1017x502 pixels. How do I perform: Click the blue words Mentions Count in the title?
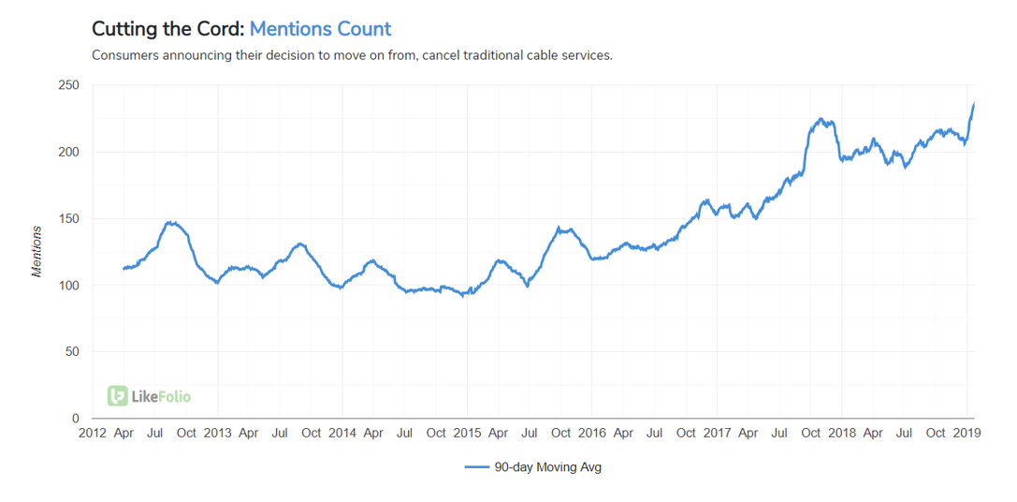pyautogui.click(x=320, y=29)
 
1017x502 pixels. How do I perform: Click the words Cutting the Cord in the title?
pyautogui.click(x=167, y=29)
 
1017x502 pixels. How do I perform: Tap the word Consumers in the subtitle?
pyautogui.click(x=125, y=55)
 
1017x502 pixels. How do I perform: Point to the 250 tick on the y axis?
pyautogui.click(x=69, y=85)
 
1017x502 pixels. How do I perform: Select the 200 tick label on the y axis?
pyautogui.click(x=69, y=152)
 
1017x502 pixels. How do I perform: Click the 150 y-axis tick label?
pyautogui.click(x=69, y=218)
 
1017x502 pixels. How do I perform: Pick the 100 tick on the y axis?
pyautogui.click(x=69, y=285)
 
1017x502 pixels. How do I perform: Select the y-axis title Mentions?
pyautogui.click(x=37, y=251)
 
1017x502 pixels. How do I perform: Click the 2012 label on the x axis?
pyautogui.click(x=93, y=433)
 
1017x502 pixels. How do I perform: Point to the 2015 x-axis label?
pyautogui.click(x=467, y=433)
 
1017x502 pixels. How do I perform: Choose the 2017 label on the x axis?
pyautogui.click(x=717, y=433)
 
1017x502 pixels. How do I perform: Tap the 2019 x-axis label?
pyautogui.click(x=966, y=433)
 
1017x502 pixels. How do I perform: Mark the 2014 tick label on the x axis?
pyautogui.click(x=342, y=433)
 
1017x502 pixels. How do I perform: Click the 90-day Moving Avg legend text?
pyautogui.click(x=547, y=467)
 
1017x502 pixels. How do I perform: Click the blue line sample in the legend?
pyautogui.click(x=477, y=467)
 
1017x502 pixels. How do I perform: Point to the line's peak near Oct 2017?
pyautogui.click(x=821, y=119)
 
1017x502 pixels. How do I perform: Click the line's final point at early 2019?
pyautogui.click(x=974, y=102)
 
